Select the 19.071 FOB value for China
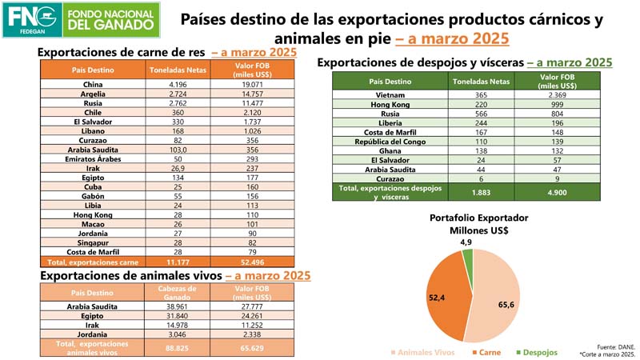tap(255, 84)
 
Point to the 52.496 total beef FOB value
tap(255, 262)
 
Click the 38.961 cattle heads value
tap(178, 306)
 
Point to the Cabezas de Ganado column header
tap(178, 292)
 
